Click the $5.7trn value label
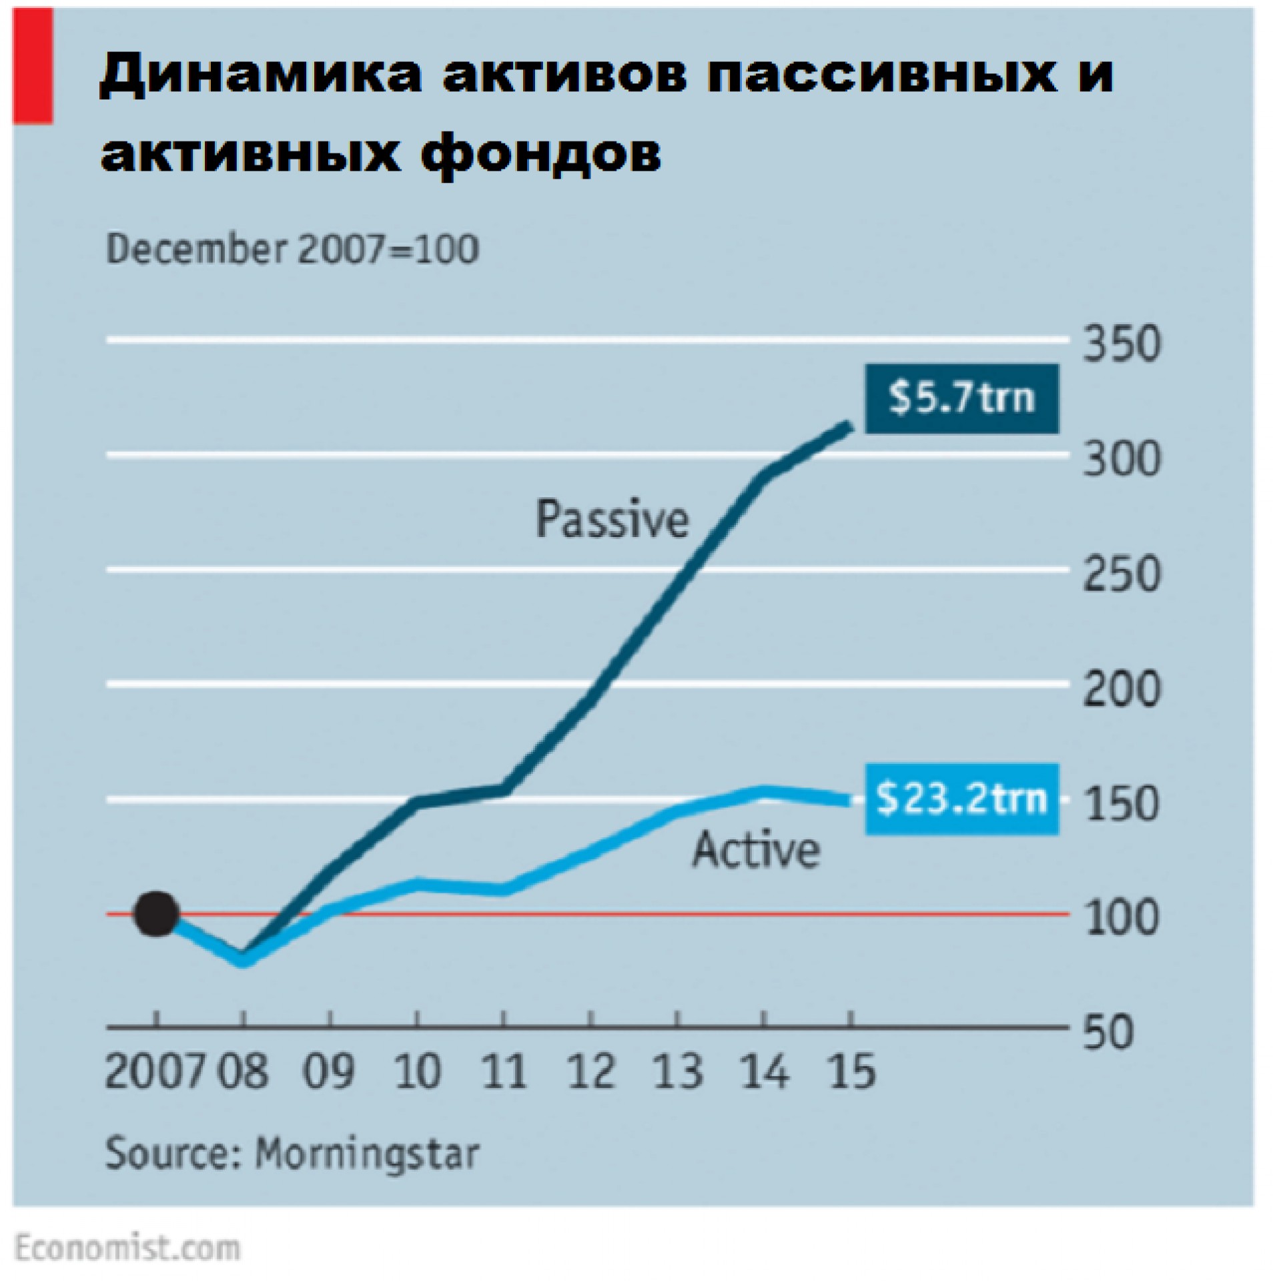(x=961, y=398)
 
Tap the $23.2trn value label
(x=961, y=799)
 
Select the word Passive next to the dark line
(x=612, y=520)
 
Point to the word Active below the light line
(x=756, y=850)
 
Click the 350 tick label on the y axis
(x=1122, y=346)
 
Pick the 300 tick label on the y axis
(x=1122, y=460)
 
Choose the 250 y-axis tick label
(x=1122, y=574)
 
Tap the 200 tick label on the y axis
(x=1122, y=689)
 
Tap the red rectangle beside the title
(x=33, y=67)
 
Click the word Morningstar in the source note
(x=368, y=1152)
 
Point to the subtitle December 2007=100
(x=292, y=250)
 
